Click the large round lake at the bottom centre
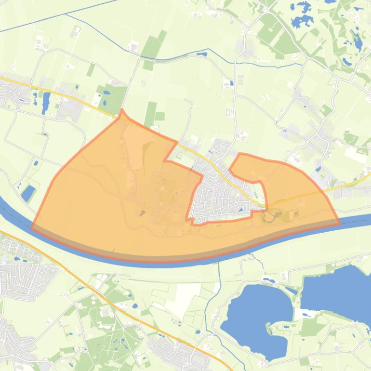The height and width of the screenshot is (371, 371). pyautogui.click(x=251, y=313)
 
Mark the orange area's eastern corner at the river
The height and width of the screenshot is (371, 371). pyautogui.click(x=340, y=223)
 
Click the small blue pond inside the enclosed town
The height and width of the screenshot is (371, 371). pyautogui.click(x=240, y=210)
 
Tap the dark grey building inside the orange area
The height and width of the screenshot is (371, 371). pyautogui.click(x=143, y=212)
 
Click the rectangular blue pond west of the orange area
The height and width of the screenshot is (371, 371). pyautogui.click(x=28, y=193)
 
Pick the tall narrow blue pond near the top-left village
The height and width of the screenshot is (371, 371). pyautogui.click(x=46, y=102)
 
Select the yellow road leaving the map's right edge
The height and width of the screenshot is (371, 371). pyautogui.click(x=357, y=181)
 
